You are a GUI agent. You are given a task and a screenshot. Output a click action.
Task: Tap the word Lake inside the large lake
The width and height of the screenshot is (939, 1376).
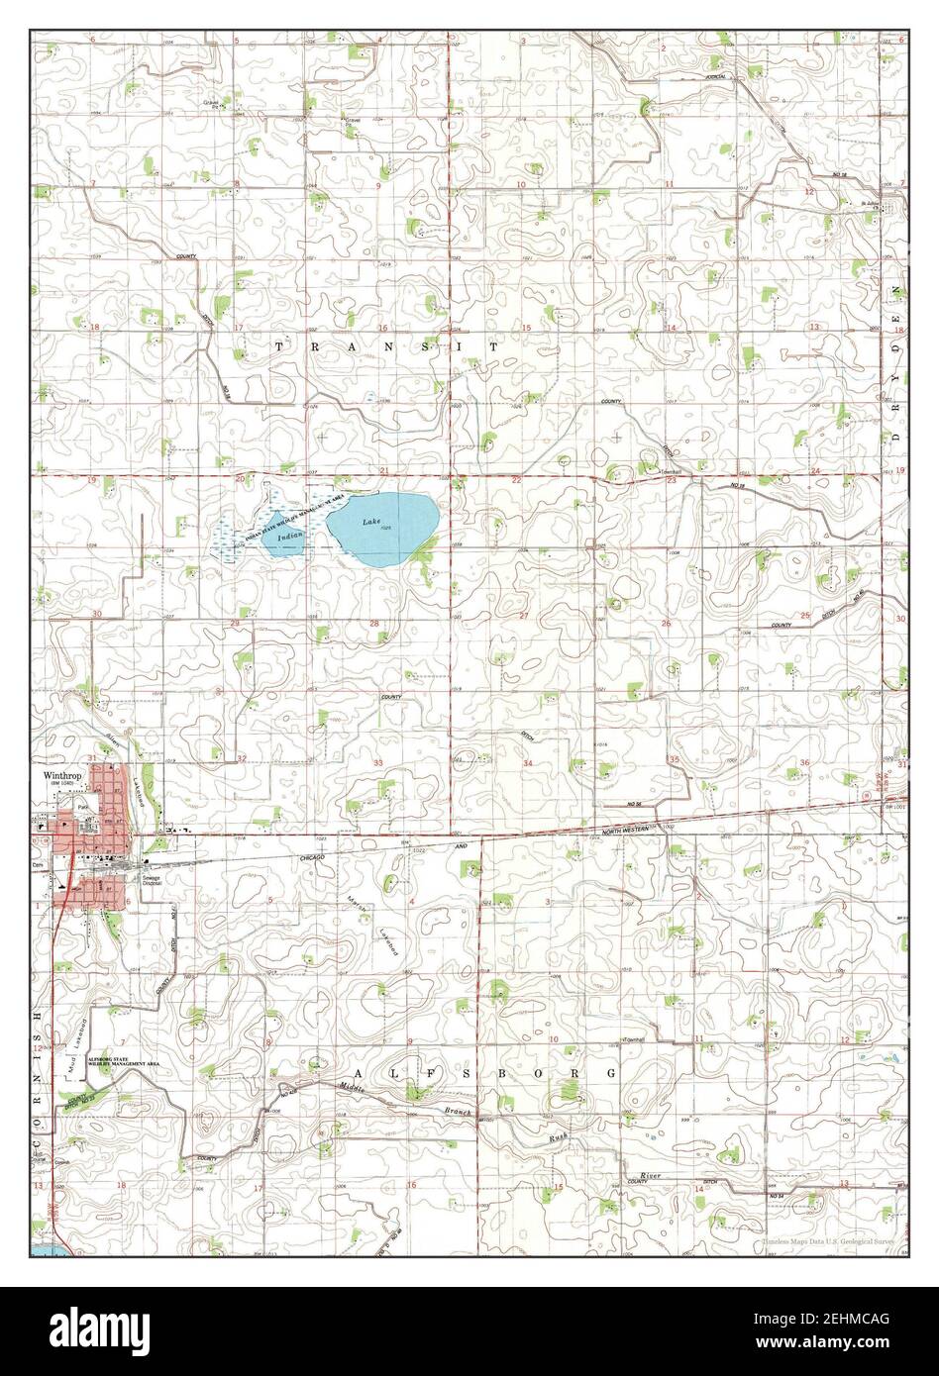pyautogui.click(x=370, y=522)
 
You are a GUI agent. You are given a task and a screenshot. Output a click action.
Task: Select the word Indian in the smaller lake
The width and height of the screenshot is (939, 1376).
pyautogui.click(x=290, y=536)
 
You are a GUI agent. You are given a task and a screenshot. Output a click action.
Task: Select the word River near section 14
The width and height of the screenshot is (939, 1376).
pyautogui.click(x=650, y=1174)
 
